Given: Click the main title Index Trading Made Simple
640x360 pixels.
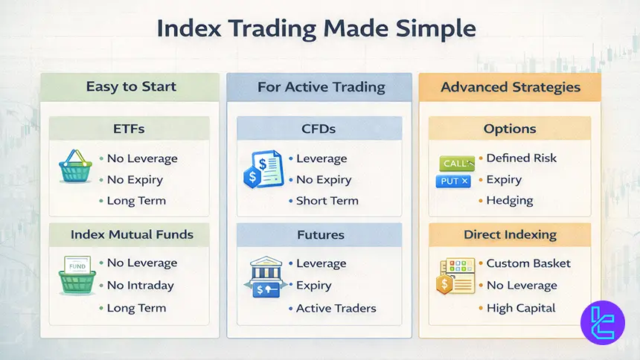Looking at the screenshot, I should (316, 29).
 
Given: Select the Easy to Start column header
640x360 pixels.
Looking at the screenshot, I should (131, 86).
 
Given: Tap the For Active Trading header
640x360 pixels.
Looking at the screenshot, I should (321, 87).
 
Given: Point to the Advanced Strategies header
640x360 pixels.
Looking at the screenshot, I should (511, 87).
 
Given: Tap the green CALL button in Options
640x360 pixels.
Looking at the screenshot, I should (455, 163).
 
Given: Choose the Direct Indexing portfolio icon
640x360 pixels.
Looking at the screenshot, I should (453, 276).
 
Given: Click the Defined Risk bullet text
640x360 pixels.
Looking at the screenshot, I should (521, 158).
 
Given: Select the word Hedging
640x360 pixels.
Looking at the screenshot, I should (511, 200).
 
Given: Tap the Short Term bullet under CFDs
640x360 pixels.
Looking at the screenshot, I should (327, 200).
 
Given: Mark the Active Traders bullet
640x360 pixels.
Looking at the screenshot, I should (336, 308).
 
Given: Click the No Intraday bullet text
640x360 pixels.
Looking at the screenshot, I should (140, 285).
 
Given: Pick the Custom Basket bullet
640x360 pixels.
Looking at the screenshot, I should (528, 263).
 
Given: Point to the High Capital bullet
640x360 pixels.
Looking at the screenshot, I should (521, 308).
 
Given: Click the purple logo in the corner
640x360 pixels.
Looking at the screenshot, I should (603, 323).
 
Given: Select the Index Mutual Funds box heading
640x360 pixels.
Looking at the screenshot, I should (132, 234).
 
